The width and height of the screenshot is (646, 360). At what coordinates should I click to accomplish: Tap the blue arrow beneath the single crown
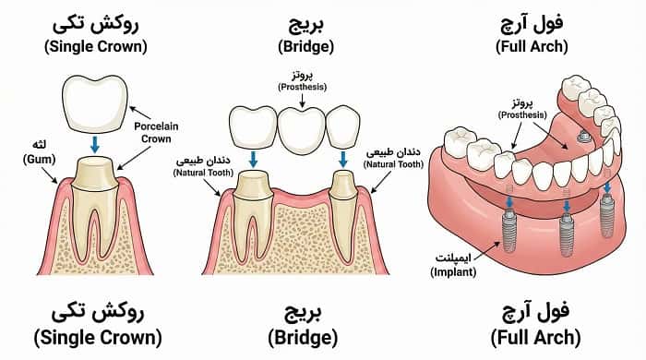tap(94, 145)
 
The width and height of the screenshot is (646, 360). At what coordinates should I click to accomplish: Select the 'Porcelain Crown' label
tap(156, 131)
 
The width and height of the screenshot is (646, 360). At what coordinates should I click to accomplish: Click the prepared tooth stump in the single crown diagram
tap(94, 174)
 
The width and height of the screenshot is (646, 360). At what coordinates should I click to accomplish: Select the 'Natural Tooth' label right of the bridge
tap(393, 157)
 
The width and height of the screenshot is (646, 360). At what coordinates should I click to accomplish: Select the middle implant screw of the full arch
tap(565, 227)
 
